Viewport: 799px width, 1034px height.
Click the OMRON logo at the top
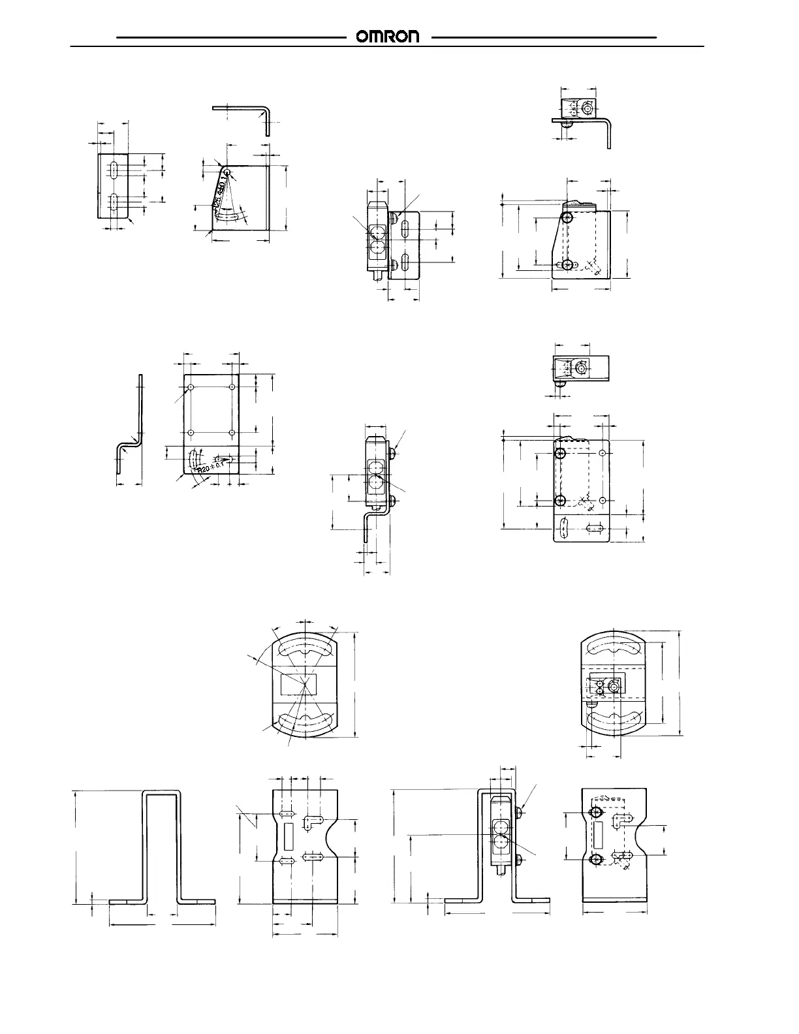click(388, 37)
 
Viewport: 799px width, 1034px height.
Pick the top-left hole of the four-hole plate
click(191, 388)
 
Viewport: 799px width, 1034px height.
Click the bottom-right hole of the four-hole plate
click(232, 432)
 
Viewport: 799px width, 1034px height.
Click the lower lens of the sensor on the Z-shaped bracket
click(376, 484)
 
